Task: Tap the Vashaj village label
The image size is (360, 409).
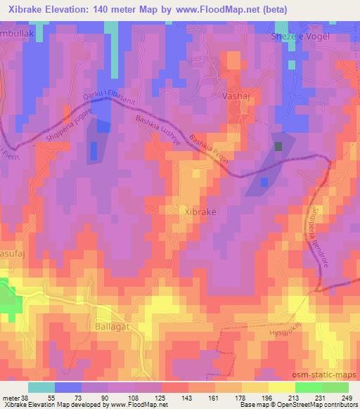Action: pyautogui.click(x=236, y=94)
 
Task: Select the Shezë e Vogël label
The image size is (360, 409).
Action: pyautogui.click(x=300, y=37)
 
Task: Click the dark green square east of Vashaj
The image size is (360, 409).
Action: pyautogui.click(x=278, y=146)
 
